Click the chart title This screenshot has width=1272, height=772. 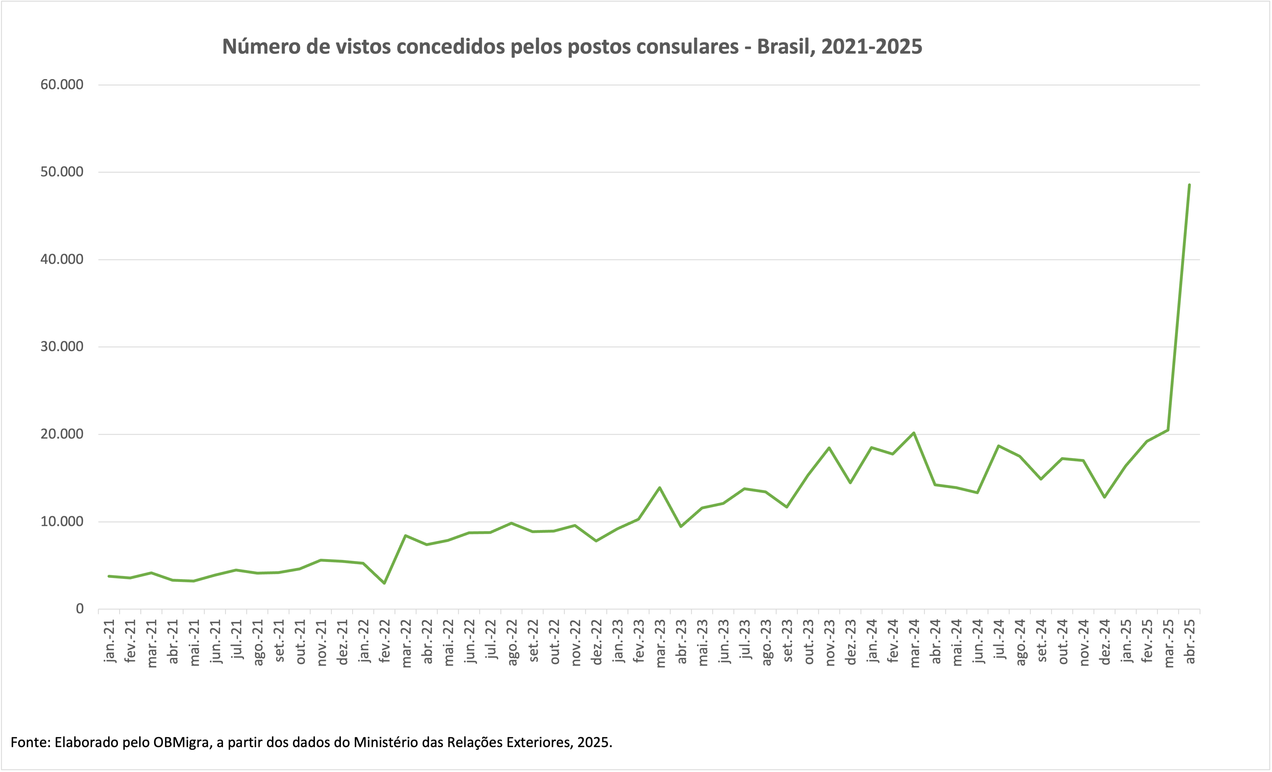point(572,47)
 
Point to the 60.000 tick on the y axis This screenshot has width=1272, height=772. point(62,85)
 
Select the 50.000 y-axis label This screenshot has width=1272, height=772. point(62,172)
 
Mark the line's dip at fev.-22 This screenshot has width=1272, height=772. point(384,583)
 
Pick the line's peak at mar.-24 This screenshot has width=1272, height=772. point(914,433)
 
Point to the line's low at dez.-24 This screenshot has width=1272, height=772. point(1104,497)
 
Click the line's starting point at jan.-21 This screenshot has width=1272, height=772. point(109,576)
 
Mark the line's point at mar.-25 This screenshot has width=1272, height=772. point(1168,430)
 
